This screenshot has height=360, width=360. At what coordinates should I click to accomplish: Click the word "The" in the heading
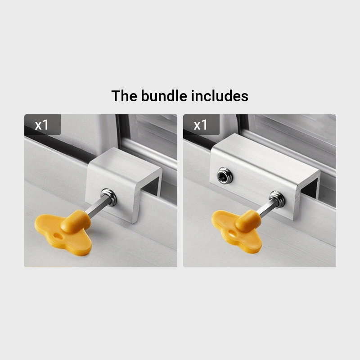coord(124,96)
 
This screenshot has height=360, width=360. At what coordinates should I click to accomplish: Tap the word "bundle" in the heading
coord(164,96)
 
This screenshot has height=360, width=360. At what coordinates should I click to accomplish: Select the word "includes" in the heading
coord(220,96)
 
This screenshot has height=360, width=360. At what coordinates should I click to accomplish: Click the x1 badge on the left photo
coord(42,125)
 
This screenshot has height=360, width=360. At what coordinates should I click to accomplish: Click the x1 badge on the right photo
coord(201,125)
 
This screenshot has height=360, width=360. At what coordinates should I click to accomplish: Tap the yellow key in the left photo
coord(64,232)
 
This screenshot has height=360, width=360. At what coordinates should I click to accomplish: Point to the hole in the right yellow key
coord(232,234)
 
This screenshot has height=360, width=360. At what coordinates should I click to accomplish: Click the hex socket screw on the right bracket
coord(225,175)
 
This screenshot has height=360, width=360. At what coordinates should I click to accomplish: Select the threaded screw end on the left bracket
coord(108,197)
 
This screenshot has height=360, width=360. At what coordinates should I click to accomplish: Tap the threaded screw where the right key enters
coord(277,199)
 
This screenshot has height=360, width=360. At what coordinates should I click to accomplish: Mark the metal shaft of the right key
coord(267,208)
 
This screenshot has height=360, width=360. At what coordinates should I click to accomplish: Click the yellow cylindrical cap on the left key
coord(76,221)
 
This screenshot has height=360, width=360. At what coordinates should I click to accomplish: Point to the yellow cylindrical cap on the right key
coord(248,220)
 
